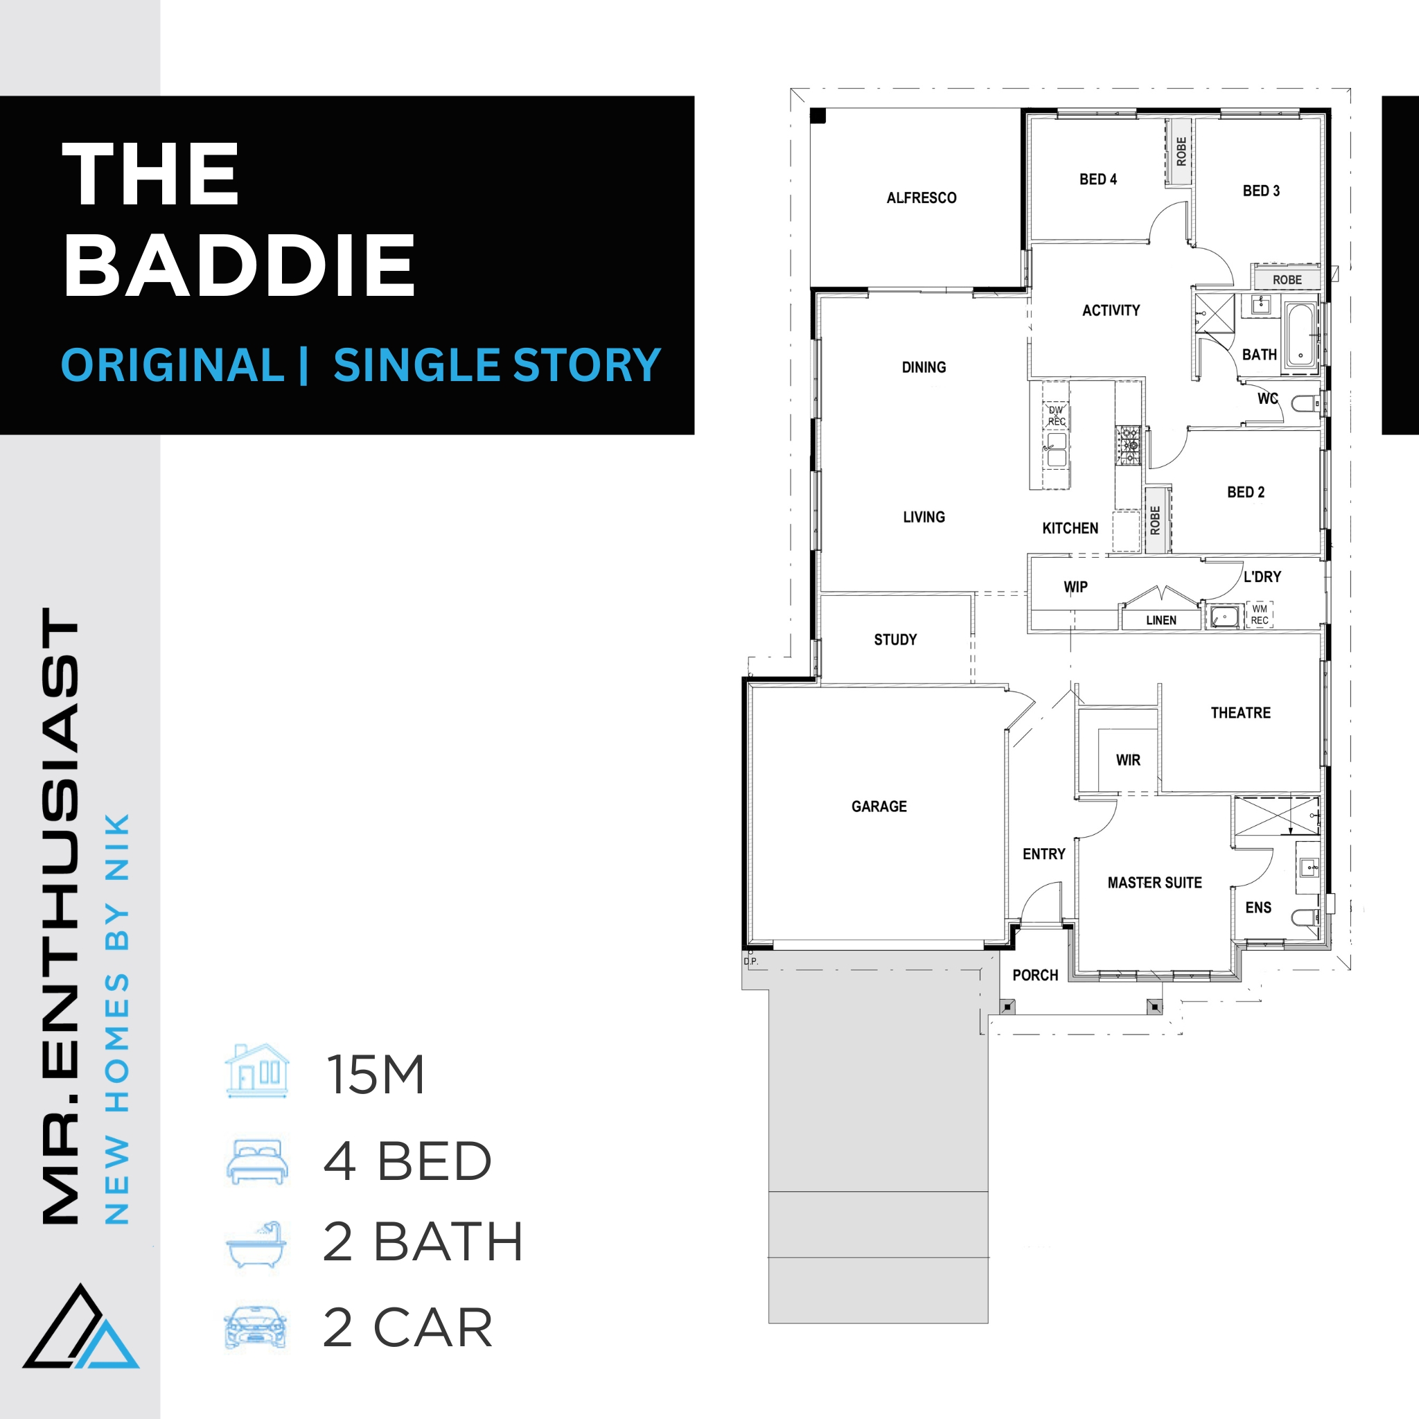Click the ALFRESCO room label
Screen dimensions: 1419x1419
coord(921,197)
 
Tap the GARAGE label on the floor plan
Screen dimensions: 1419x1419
coord(879,807)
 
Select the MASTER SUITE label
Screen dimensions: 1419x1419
coord(1154,883)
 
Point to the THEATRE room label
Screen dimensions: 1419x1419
coord(1240,712)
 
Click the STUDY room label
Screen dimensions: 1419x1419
coord(895,640)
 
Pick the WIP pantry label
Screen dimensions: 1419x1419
coord(1075,587)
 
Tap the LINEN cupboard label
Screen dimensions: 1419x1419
coord(1161,621)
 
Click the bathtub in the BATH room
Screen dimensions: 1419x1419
coord(1301,335)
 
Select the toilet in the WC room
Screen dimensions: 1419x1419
coord(1305,403)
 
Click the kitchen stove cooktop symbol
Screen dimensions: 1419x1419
coord(1128,445)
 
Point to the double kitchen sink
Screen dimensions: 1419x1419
coord(1056,450)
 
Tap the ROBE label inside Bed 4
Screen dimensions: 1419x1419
coord(1181,151)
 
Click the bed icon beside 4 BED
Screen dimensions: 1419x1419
coord(257,1162)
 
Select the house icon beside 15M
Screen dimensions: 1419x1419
coord(257,1071)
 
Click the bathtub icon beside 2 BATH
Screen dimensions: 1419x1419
coord(256,1244)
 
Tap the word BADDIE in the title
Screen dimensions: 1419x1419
coord(240,265)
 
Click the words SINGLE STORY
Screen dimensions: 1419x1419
coord(497,366)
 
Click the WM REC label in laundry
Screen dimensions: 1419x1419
coord(1260,615)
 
